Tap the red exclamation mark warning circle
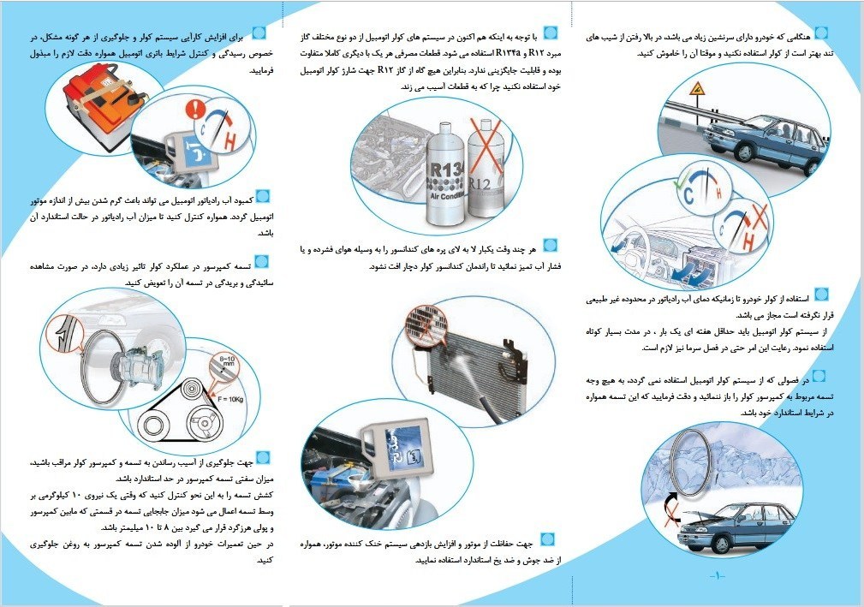pyautogui.click(x=195, y=110)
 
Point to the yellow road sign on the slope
pyautogui.click(x=698, y=88)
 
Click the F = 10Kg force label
pyautogui.click(x=230, y=399)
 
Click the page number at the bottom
pyautogui.click(x=718, y=575)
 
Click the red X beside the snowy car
pyautogui.click(x=671, y=517)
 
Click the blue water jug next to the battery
pyautogui.click(x=192, y=152)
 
